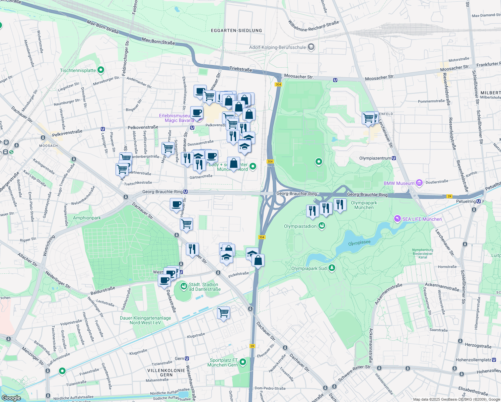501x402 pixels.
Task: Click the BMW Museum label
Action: [399, 183]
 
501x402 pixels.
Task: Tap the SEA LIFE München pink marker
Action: [397, 219]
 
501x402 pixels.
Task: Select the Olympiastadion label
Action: [300, 226]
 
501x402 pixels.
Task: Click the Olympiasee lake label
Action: [359, 243]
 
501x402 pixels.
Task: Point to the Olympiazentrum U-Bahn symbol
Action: [394, 158]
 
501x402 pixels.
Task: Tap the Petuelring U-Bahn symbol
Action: [479, 201]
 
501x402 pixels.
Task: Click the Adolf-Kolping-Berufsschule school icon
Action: [311, 47]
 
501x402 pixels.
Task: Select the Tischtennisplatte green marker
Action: [101, 70]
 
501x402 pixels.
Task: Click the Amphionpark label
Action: [87, 218]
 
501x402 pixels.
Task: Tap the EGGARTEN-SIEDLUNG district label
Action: [236, 30]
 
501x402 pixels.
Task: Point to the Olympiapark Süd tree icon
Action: [332, 268]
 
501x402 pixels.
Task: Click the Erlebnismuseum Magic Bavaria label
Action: [176, 118]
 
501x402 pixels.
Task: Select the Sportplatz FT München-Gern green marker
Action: [243, 362]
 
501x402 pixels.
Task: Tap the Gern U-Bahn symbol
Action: [187, 358]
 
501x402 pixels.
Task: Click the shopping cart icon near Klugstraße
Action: [223, 313]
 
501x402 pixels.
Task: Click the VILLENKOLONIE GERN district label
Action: [166, 373]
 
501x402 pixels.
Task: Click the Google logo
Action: [11, 398]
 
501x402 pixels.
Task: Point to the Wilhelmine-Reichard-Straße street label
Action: [313, 26]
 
